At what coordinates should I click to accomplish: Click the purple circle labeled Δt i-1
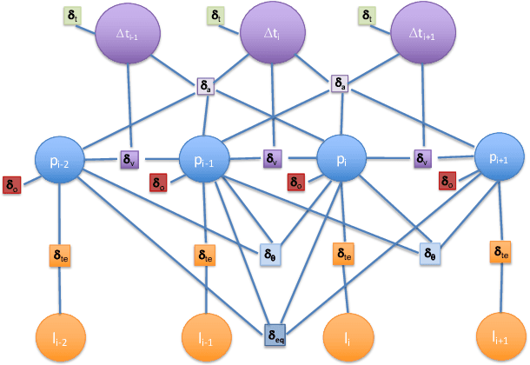(129, 34)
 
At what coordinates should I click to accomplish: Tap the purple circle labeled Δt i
(273, 34)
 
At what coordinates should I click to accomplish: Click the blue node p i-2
(59, 161)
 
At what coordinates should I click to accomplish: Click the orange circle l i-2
(60, 338)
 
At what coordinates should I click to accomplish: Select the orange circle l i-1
(206, 338)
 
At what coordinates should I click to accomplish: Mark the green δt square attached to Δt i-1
(72, 17)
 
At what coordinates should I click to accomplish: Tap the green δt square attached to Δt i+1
(368, 16)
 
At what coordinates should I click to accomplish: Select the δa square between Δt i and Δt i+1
(341, 85)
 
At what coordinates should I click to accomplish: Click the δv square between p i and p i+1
(422, 159)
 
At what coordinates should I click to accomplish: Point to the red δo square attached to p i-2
(12, 184)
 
